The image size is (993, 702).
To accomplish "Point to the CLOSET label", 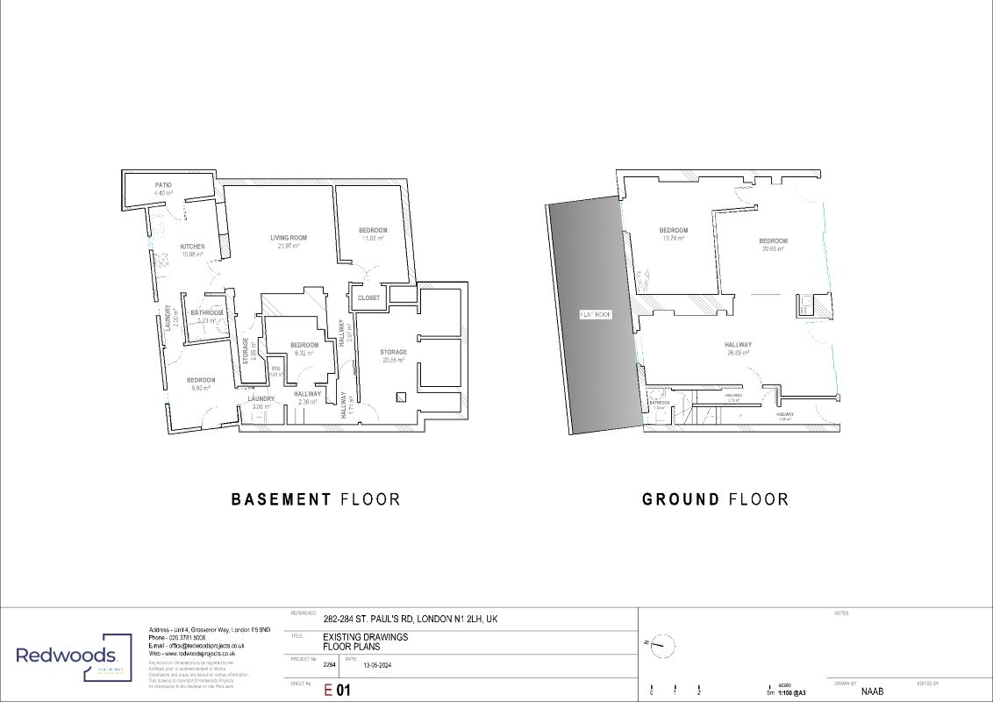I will point(369,297).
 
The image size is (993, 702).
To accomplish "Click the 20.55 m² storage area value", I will point(393,361).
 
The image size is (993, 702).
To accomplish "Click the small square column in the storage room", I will point(401,395).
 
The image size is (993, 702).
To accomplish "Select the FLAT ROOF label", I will point(595,314).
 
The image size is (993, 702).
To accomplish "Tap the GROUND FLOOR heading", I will point(715,499).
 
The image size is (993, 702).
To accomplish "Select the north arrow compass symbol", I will point(665,647).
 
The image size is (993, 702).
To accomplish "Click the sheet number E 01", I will point(338,691).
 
